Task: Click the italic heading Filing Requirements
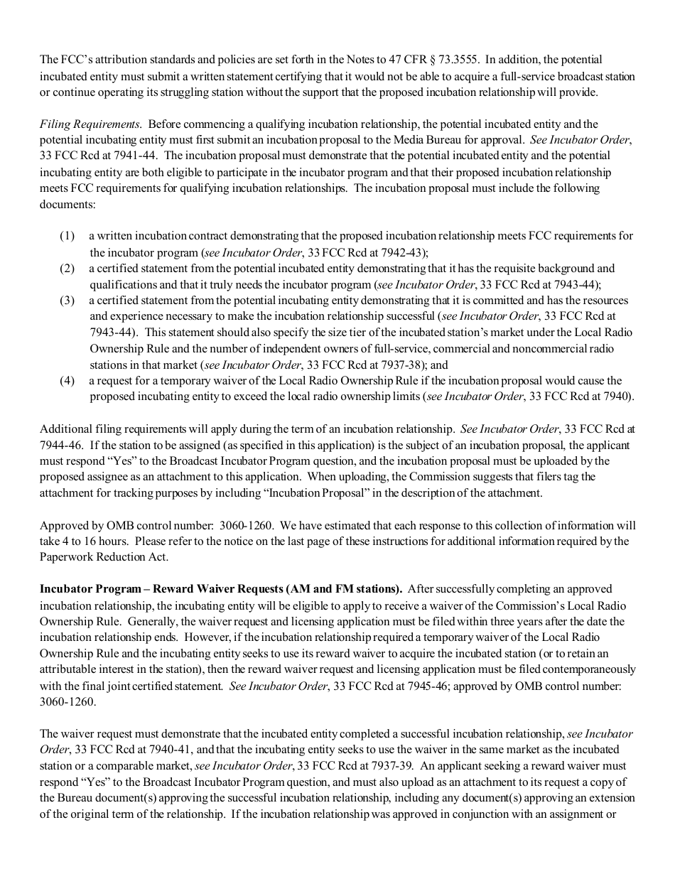point(90,124)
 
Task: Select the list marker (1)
point(67,235)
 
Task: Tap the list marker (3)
point(67,301)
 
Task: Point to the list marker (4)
point(67,381)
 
